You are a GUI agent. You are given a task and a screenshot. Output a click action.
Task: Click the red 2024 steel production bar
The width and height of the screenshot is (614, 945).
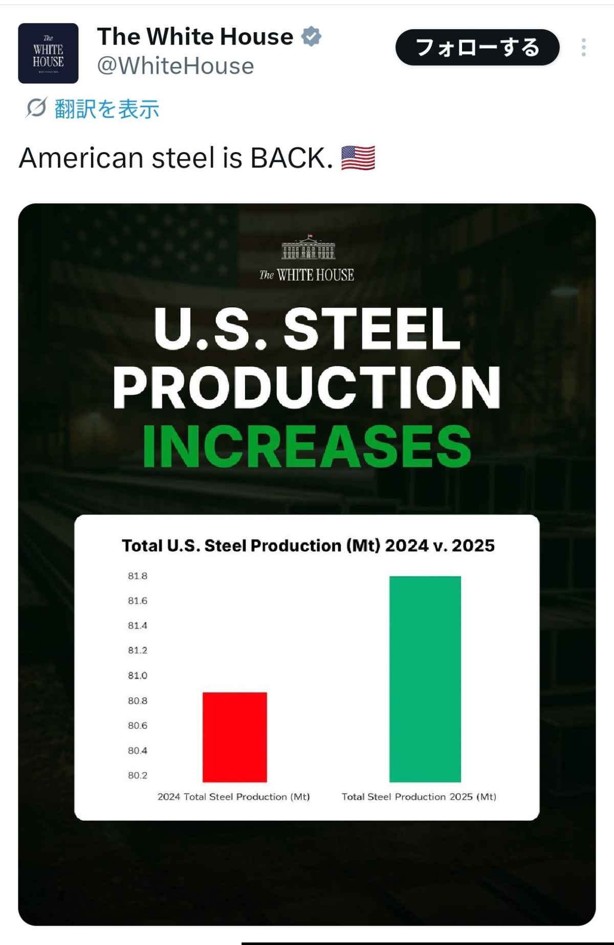coord(235,737)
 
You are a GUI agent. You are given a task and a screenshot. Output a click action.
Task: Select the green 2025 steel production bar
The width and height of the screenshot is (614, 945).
coord(425,679)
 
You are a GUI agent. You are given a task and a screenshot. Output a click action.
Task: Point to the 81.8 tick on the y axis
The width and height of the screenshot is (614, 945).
coord(138,576)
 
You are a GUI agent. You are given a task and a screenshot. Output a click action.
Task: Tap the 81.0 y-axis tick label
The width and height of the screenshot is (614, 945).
coord(138,675)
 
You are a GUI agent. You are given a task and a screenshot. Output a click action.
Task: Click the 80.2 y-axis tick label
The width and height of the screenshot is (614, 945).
coord(138,775)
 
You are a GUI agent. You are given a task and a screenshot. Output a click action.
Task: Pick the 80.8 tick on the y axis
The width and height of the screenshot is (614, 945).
coord(138,700)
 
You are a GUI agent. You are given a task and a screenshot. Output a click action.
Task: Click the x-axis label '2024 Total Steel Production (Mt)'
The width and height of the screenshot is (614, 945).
coord(234,797)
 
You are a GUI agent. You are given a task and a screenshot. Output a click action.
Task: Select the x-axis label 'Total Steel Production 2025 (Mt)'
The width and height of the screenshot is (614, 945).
coord(419,797)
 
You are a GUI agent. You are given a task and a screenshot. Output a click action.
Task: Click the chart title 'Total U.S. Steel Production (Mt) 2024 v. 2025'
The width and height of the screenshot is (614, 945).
coord(308,545)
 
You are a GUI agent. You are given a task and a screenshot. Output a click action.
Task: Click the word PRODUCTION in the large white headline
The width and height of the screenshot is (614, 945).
coord(307,387)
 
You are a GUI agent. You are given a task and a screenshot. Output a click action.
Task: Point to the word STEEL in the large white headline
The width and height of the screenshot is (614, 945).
coord(372,328)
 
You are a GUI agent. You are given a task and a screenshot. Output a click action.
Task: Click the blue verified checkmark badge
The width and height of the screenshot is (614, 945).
coord(311,37)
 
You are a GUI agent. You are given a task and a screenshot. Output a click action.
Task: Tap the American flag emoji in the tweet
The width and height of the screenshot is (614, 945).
coord(358,158)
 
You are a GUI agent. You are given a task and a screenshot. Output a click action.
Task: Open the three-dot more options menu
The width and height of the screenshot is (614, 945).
coord(583,48)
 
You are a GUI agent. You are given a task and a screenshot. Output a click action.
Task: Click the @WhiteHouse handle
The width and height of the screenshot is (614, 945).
coord(176,66)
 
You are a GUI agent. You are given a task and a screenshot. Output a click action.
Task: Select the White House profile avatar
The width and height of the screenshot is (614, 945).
coord(48,53)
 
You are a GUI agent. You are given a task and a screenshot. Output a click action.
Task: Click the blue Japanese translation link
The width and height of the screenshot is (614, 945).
coord(106,109)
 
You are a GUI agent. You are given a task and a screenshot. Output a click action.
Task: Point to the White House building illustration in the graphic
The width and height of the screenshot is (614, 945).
coord(308,248)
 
